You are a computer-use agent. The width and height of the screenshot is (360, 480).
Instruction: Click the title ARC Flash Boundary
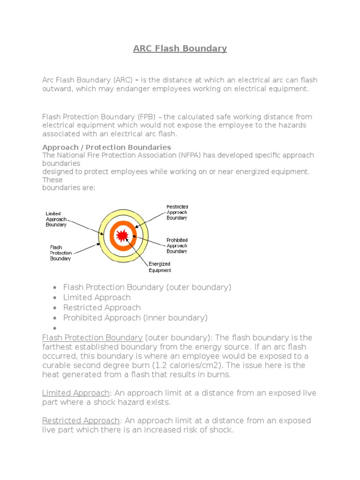click(180, 48)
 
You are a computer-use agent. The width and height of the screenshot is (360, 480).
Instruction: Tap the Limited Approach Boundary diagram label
click(56, 219)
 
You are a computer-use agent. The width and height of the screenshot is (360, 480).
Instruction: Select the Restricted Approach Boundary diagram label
click(177, 212)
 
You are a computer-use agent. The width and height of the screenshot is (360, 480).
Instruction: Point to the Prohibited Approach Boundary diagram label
click(177, 246)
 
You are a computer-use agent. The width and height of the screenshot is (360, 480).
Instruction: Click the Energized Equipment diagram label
click(160, 267)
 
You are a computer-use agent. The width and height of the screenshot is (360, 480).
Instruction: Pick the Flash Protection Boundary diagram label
click(60, 253)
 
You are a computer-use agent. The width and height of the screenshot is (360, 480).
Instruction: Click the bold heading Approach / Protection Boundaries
click(106, 147)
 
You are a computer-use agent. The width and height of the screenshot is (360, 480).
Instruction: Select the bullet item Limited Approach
click(97, 297)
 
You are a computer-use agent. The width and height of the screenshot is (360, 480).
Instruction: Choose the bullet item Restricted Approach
click(102, 307)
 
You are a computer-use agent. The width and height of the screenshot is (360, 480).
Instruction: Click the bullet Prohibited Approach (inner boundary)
click(135, 318)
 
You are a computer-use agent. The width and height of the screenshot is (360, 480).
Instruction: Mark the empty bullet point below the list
click(55, 328)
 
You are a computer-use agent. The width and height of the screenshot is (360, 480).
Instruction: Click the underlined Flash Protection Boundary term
click(92, 337)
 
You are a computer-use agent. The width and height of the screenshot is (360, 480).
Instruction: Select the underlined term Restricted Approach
click(81, 420)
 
